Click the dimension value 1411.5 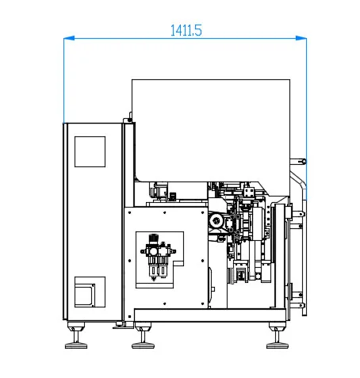(186, 30)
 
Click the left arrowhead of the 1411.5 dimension (67, 37)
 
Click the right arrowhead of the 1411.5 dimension (302, 37)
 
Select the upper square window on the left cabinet (90, 151)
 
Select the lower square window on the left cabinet (90, 291)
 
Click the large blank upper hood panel (210, 127)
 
